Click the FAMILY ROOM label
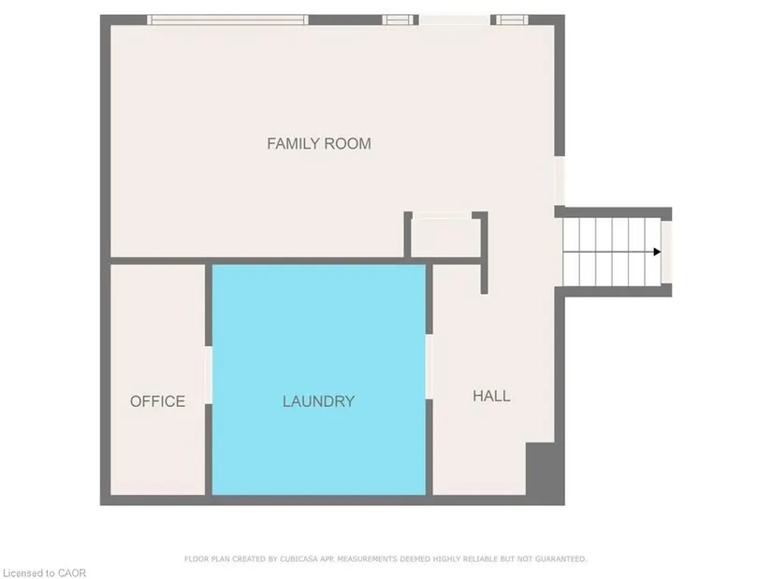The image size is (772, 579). click(x=319, y=144)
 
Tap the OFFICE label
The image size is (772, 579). click(x=157, y=401)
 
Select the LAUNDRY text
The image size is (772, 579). click(x=318, y=401)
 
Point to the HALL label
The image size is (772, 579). click(x=491, y=396)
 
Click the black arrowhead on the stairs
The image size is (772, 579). click(x=657, y=252)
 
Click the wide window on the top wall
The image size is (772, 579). click(x=227, y=20)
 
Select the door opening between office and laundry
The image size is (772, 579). click(x=209, y=375)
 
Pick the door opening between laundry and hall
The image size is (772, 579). click(x=429, y=367)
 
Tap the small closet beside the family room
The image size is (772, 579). click(x=445, y=238)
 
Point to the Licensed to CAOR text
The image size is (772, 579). click(x=44, y=573)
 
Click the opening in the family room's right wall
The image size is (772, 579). click(x=560, y=181)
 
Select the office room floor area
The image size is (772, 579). click(x=157, y=380)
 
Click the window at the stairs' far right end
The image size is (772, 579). click(x=666, y=252)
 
